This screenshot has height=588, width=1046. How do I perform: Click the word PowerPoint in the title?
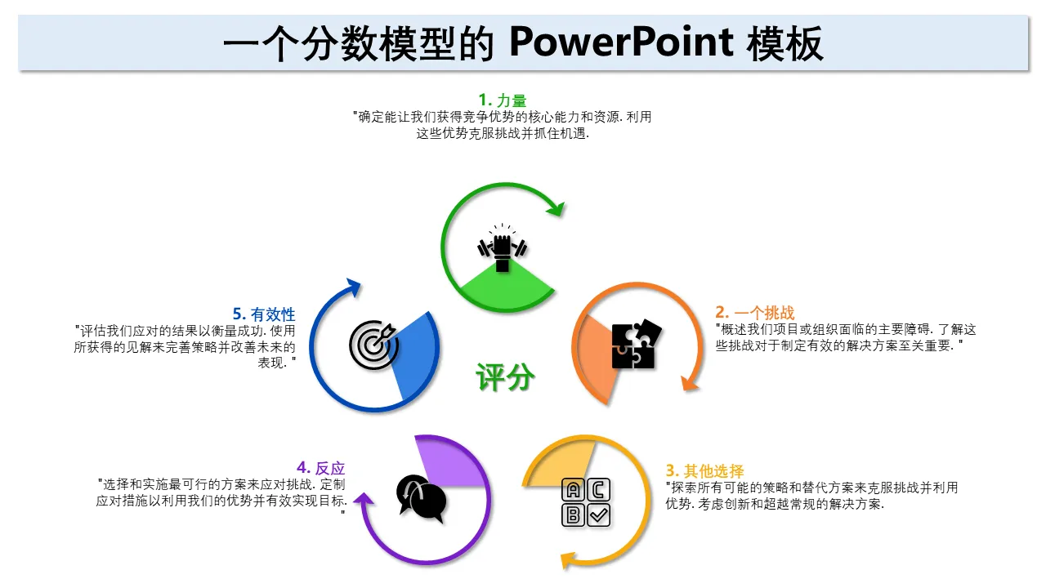tap(621, 43)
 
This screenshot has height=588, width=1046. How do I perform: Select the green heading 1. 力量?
tap(503, 100)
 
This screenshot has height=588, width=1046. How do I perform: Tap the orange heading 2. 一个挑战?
tap(754, 312)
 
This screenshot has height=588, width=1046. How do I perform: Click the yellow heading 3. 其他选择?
tap(704, 470)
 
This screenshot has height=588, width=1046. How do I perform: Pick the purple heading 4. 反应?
tap(321, 468)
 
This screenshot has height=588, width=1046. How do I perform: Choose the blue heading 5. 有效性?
tap(264, 314)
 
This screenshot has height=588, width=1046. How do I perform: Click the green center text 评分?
tap(505, 376)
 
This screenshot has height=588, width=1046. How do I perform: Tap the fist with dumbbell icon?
tap(503, 247)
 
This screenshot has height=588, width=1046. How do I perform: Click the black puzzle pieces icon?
tap(637, 345)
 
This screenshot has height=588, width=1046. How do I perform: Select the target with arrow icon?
tap(373, 345)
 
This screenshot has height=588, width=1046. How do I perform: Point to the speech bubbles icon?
tap(421, 498)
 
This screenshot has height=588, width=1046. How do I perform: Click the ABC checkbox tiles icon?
tap(586, 502)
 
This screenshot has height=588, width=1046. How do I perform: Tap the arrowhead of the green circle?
tap(556, 208)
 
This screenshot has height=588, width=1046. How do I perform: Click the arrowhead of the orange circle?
tap(690, 383)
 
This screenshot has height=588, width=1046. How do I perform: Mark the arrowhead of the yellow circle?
tap(568, 560)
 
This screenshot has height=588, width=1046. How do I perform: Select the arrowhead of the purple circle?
tap(364, 499)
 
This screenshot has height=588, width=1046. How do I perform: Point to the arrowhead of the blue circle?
tap(354, 287)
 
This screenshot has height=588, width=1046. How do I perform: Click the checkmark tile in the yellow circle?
tap(599, 515)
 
